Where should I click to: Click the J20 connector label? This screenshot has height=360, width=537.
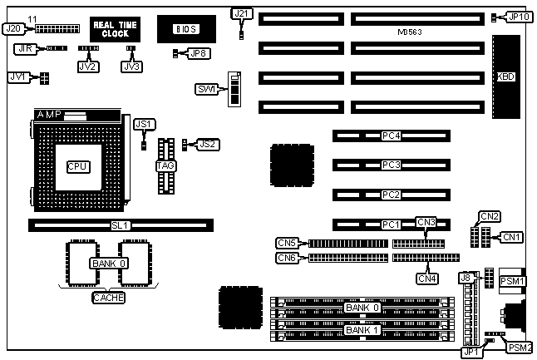point(12,27)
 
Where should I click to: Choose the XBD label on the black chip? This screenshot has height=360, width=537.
point(505,76)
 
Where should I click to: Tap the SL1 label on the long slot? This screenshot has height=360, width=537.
point(121,224)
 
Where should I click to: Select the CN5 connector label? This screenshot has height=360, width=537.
point(287,243)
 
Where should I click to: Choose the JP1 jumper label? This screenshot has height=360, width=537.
point(471,352)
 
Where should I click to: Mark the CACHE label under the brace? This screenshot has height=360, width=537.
point(108,298)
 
